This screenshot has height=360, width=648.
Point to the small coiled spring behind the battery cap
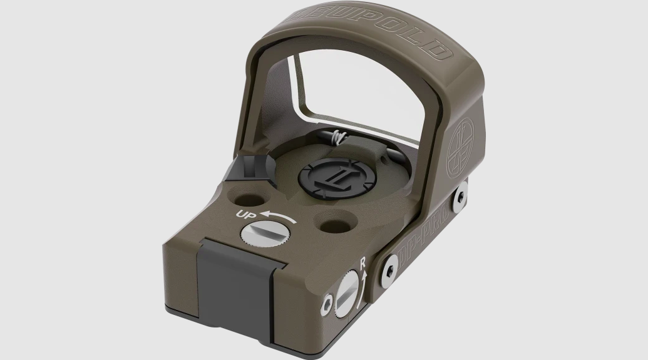339,136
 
